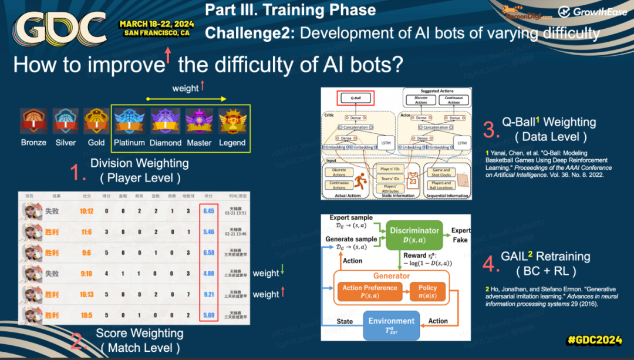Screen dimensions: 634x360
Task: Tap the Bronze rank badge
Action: coord(33,122)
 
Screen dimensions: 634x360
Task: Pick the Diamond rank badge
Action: coord(165,122)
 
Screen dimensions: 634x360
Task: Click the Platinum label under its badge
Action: coord(129,143)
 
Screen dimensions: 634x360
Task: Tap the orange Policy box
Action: coord(427,292)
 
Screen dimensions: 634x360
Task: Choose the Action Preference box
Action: coord(370,292)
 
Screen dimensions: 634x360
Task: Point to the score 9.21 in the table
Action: coord(209,294)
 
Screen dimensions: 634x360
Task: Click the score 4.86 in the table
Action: coord(209,273)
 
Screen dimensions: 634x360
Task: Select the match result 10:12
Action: coord(86,211)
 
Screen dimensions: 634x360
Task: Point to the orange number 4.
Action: coord(491,264)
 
